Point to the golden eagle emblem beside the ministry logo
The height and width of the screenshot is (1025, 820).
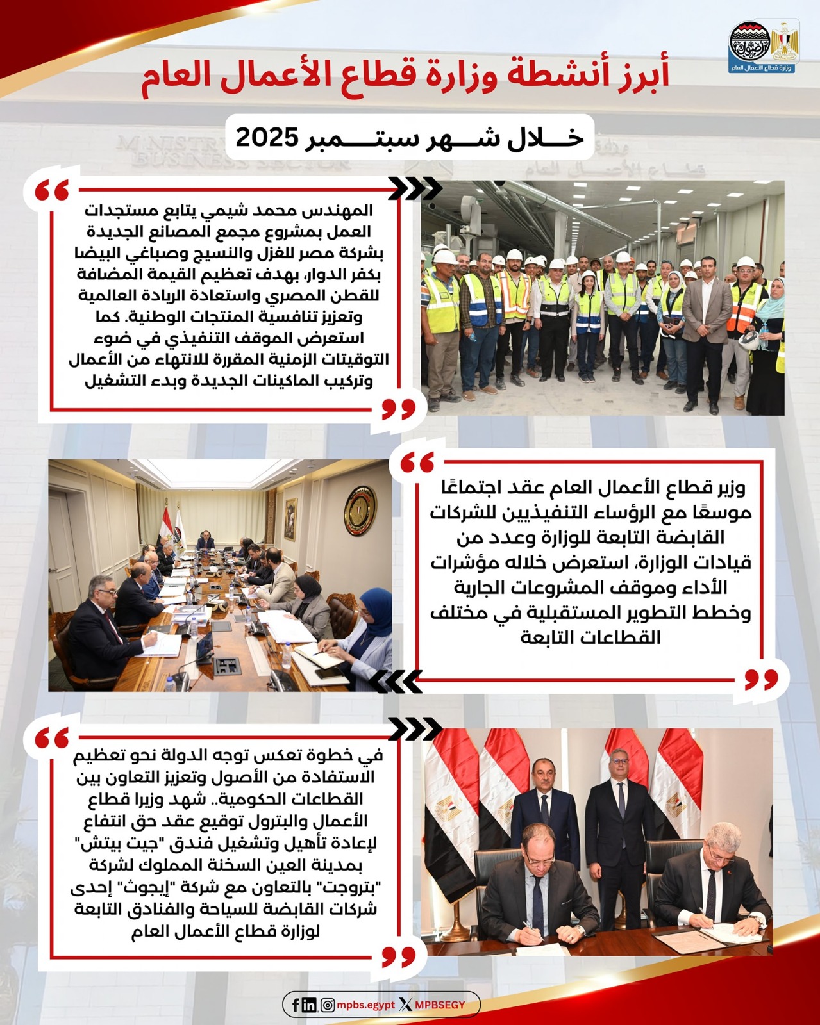pos(784,42)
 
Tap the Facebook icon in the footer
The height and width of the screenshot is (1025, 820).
pos(296,1005)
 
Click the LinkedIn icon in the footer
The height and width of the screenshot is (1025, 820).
pos(309,1005)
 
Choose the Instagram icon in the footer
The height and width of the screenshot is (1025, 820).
pos(327,1005)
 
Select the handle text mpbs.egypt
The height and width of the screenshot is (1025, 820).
pos(365,1005)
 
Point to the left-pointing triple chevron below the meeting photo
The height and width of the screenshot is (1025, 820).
pos(396,681)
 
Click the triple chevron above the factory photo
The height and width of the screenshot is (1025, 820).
pos(415,188)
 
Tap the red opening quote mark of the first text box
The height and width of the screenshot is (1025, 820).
pos(52,190)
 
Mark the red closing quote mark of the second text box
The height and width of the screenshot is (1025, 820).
pos(762,678)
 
